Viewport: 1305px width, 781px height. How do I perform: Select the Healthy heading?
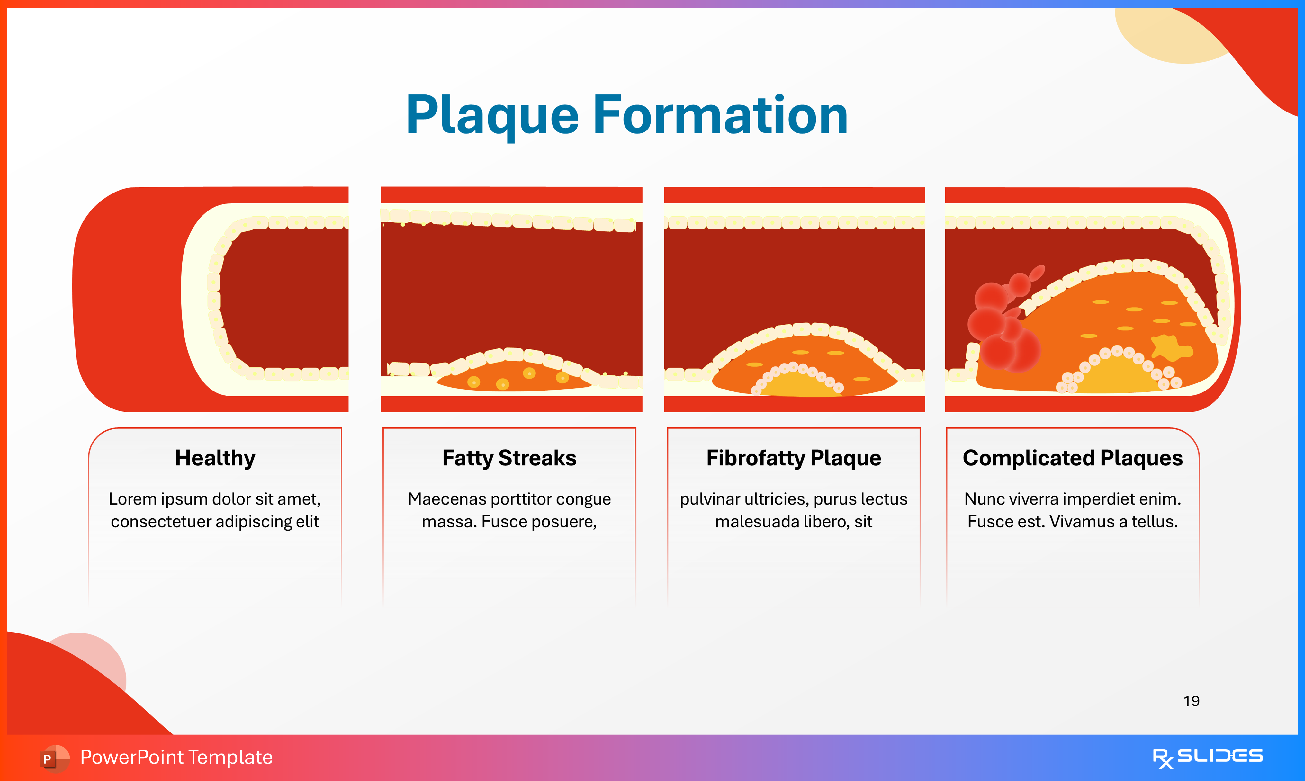215,458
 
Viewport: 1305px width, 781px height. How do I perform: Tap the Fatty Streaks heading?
509,458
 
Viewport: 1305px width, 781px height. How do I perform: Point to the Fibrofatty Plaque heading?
794,458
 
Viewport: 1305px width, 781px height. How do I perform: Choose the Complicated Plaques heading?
1072,458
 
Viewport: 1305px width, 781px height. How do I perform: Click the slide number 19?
1191,701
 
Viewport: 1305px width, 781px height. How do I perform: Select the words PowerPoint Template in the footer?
176,757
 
